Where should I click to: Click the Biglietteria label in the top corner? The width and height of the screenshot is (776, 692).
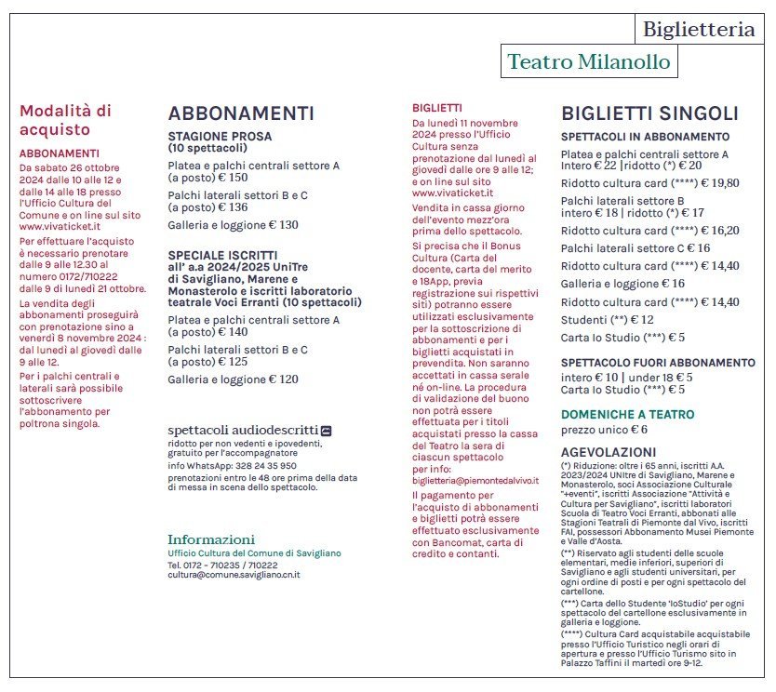tap(699, 30)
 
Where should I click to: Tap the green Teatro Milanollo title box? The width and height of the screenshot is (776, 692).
tap(588, 62)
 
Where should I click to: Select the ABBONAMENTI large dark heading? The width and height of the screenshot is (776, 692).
tap(241, 113)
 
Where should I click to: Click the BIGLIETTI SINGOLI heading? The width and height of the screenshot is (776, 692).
tap(649, 113)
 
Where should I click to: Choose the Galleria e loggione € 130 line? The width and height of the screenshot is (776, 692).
tap(233, 224)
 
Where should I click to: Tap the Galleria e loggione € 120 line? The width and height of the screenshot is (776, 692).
tap(233, 379)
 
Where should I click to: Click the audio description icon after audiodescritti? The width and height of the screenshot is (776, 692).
tap(326, 431)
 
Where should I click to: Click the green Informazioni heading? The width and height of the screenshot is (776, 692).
tap(210, 539)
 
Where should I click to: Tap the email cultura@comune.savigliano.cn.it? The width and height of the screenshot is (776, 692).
tap(234, 575)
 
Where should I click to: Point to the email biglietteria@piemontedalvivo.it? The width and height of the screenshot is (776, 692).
tap(475, 481)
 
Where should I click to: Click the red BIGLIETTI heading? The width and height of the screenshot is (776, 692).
tap(436, 108)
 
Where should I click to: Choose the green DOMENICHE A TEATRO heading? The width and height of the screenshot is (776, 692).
tap(627, 414)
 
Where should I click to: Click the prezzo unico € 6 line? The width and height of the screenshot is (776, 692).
tap(604, 430)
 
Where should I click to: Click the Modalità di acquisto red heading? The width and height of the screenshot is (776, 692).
tap(65, 120)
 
